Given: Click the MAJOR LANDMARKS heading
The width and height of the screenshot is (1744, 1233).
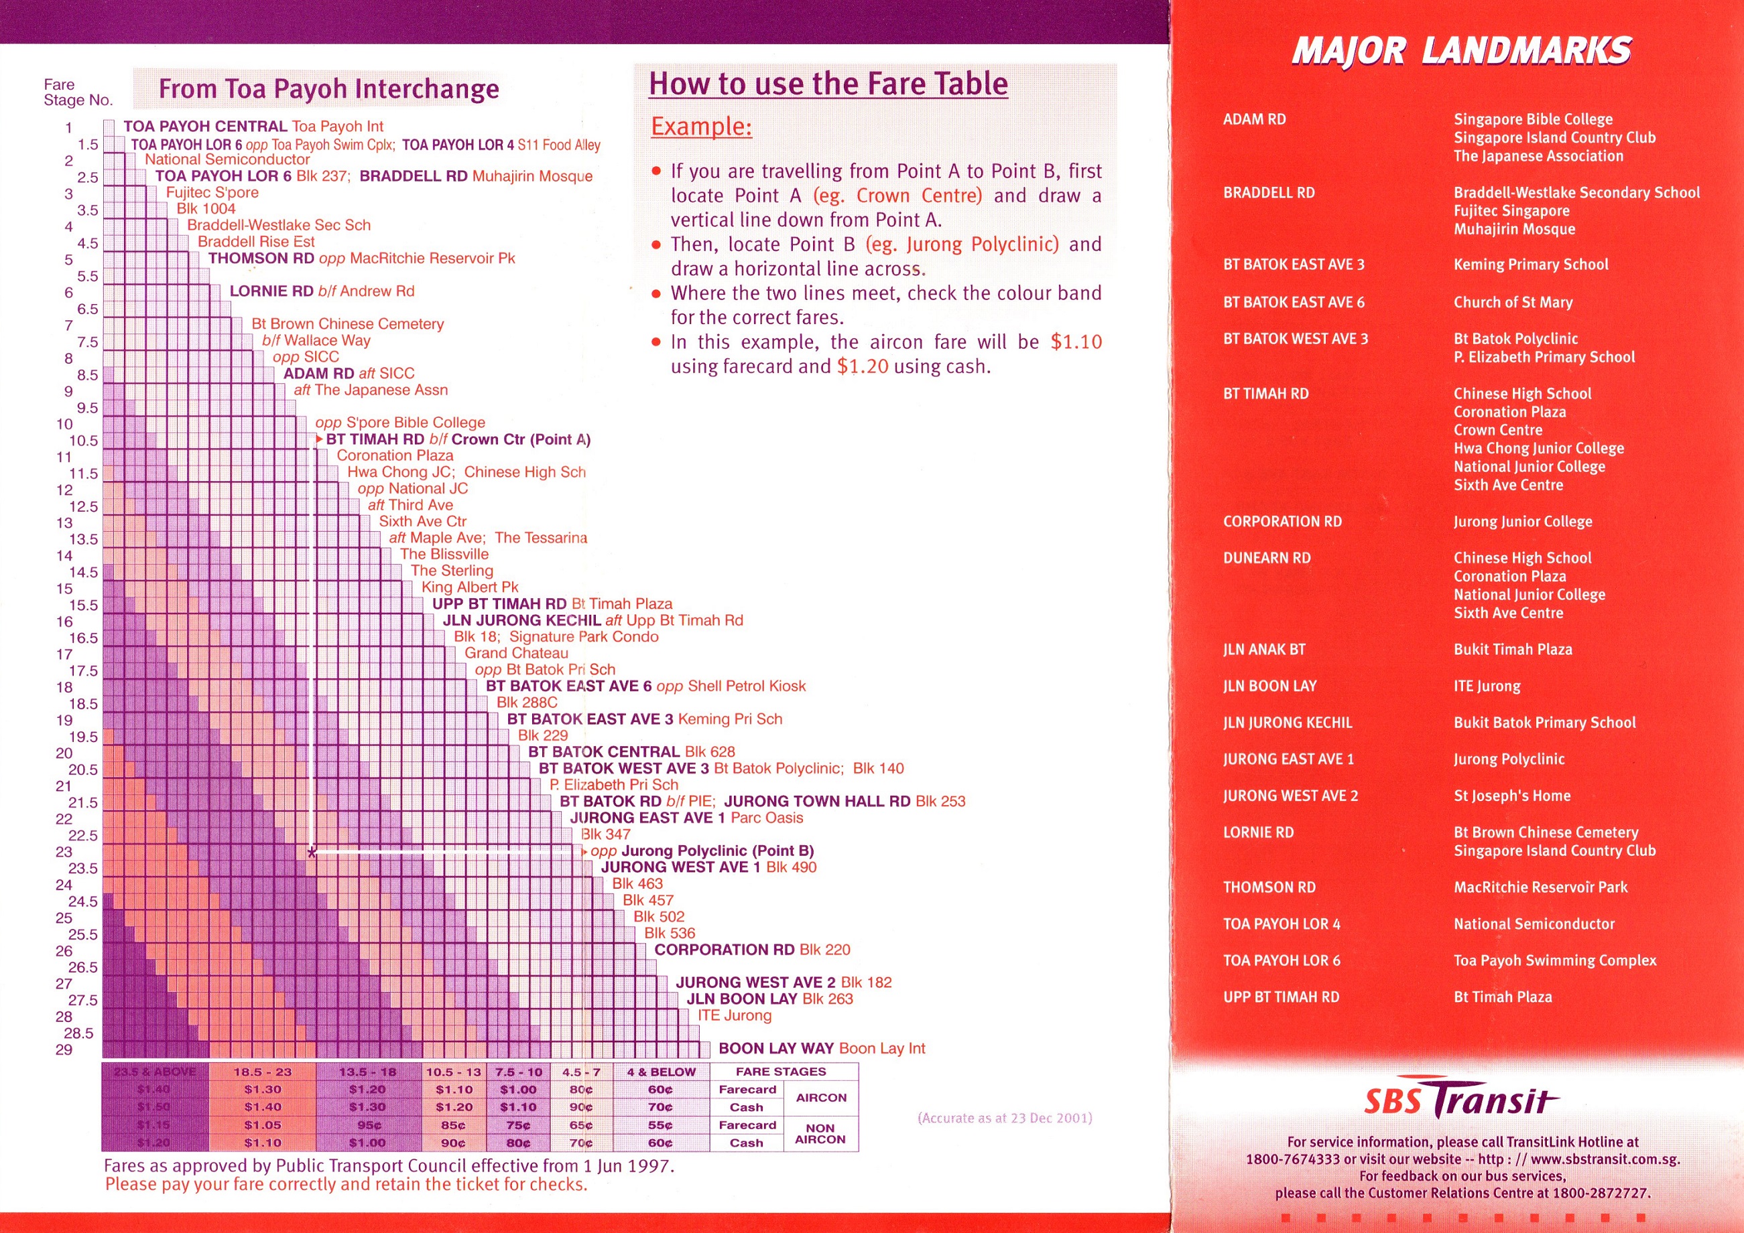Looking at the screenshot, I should [x=1460, y=52].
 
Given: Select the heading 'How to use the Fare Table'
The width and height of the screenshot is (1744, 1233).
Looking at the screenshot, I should [x=828, y=84].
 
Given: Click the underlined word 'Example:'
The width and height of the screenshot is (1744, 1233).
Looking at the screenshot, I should [x=701, y=126].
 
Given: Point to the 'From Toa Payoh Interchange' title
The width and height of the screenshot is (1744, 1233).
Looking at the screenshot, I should [x=328, y=90].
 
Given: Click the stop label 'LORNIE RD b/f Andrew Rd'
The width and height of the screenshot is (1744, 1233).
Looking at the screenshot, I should [x=322, y=291].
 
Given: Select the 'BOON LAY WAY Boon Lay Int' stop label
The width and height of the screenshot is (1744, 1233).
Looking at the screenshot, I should [x=821, y=1049].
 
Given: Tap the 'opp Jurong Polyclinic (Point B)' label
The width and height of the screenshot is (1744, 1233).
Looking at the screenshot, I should [x=702, y=851].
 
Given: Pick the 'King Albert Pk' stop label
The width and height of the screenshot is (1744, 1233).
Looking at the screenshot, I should [x=469, y=587].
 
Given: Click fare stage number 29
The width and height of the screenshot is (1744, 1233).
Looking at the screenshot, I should [x=64, y=1050].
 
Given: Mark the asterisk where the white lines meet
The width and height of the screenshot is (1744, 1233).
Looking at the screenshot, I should [x=312, y=853].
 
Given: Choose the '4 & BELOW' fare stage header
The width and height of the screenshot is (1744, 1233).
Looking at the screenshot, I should [x=661, y=1072].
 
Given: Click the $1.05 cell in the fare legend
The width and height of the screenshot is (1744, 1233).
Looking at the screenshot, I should [x=262, y=1125].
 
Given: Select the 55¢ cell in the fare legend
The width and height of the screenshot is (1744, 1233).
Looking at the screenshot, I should [x=660, y=1125].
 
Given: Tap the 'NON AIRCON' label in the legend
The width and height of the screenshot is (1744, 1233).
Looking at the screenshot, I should [x=820, y=1133].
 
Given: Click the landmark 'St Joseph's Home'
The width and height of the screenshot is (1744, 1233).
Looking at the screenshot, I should [x=1511, y=796].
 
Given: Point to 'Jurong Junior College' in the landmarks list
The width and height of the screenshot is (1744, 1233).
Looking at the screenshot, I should [x=1522, y=522].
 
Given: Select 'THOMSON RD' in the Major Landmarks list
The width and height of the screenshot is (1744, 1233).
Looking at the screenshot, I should [x=1269, y=887].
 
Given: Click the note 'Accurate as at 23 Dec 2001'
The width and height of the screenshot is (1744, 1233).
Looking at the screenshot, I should [x=1005, y=1118].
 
